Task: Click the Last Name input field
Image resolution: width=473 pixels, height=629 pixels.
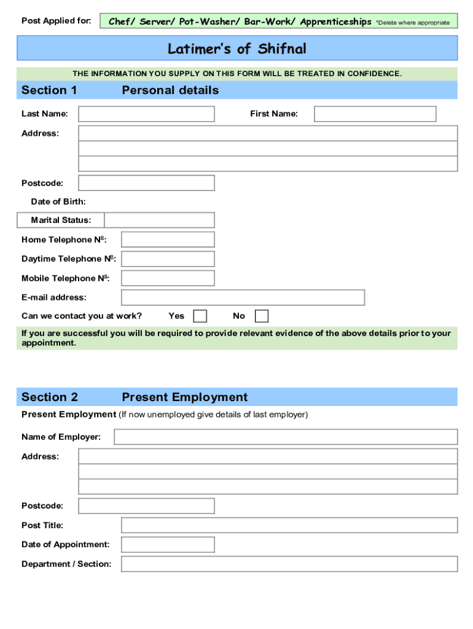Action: click(146, 114)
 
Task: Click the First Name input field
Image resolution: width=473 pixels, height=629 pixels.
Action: click(375, 114)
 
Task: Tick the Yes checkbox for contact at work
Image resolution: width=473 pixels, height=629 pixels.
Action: click(200, 316)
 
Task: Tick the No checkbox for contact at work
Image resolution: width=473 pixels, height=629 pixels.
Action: click(262, 316)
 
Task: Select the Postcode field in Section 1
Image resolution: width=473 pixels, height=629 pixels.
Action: click(146, 183)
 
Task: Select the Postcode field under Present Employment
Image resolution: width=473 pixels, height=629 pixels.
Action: click(146, 506)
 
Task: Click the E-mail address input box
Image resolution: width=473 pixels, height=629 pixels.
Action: click(243, 298)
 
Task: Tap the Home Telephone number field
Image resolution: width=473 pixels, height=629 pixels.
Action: click(168, 240)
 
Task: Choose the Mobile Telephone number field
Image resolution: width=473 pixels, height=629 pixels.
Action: click(168, 278)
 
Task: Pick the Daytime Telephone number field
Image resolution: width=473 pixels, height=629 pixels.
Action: click(168, 259)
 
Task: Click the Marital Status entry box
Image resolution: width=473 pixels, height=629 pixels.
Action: click(159, 220)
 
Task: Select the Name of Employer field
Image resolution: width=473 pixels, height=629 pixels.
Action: click(286, 437)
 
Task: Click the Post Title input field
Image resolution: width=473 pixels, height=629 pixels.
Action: click(289, 525)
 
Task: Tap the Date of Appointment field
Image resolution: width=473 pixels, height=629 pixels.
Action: click(168, 545)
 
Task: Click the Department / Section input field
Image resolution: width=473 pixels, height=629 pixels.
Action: click(289, 564)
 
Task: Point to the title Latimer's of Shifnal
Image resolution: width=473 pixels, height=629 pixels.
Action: click(237, 49)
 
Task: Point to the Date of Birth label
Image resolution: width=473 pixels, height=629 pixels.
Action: click(58, 202)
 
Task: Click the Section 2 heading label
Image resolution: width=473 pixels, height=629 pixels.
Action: click(50, 397)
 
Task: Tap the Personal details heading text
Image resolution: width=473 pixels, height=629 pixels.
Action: click(170, 90)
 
